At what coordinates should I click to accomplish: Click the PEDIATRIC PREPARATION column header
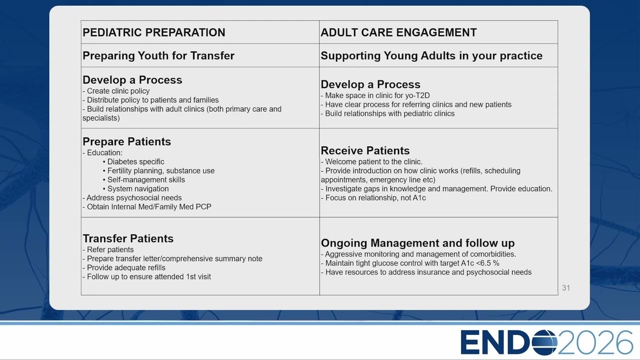[153, 32]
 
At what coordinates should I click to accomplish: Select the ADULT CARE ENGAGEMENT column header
[398, 32]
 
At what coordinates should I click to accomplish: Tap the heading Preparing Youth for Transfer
[158, 55]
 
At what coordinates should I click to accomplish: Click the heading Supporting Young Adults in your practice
[431, 55]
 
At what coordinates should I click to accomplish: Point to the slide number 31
[566, 287]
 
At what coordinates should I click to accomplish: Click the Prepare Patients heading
[126, 141]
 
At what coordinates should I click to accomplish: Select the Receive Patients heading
[365, 150]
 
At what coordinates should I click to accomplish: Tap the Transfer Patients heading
[128, 238]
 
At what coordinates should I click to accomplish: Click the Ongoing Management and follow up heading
[417, 243]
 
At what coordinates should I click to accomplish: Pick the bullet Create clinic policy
[116, 91]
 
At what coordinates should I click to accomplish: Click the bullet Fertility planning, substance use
[158, 171]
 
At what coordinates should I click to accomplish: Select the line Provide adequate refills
[124, 267]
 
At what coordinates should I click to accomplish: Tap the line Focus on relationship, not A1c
[373, 197]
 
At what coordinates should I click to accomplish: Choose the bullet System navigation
[135, 189]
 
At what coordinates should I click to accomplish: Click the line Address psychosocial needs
[132, 197]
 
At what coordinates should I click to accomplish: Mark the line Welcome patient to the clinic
[371, 161]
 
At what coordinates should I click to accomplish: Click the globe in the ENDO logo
[544, 342]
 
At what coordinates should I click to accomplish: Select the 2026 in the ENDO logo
[595, 342]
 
